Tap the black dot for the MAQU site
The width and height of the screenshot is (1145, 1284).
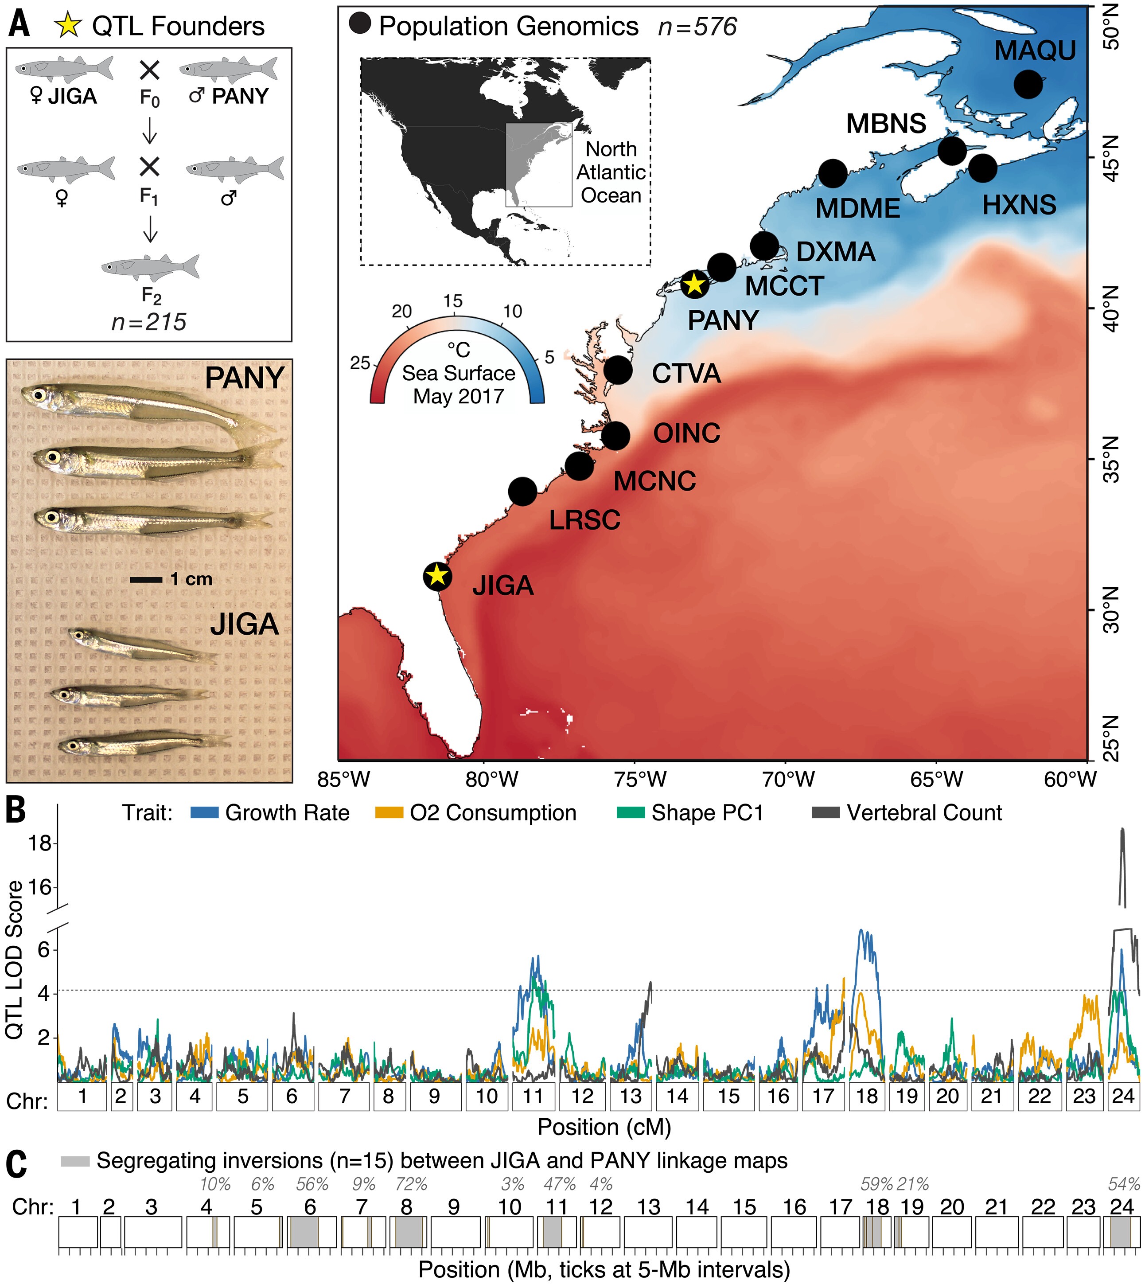click(1028, 84)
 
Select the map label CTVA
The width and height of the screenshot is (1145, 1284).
click(686, 374)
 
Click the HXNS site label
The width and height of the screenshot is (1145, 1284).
click(1019, 205)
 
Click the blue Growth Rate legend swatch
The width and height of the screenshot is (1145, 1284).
click(204, 813)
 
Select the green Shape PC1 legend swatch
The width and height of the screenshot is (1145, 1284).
click(631, 813)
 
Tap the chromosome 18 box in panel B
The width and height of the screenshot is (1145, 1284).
click(866, 1096)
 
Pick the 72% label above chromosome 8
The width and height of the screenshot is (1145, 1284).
click(412, 1185)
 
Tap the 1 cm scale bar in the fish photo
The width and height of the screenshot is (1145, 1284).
click(146, 579)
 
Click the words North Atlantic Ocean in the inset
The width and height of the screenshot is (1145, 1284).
click(611, 172)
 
